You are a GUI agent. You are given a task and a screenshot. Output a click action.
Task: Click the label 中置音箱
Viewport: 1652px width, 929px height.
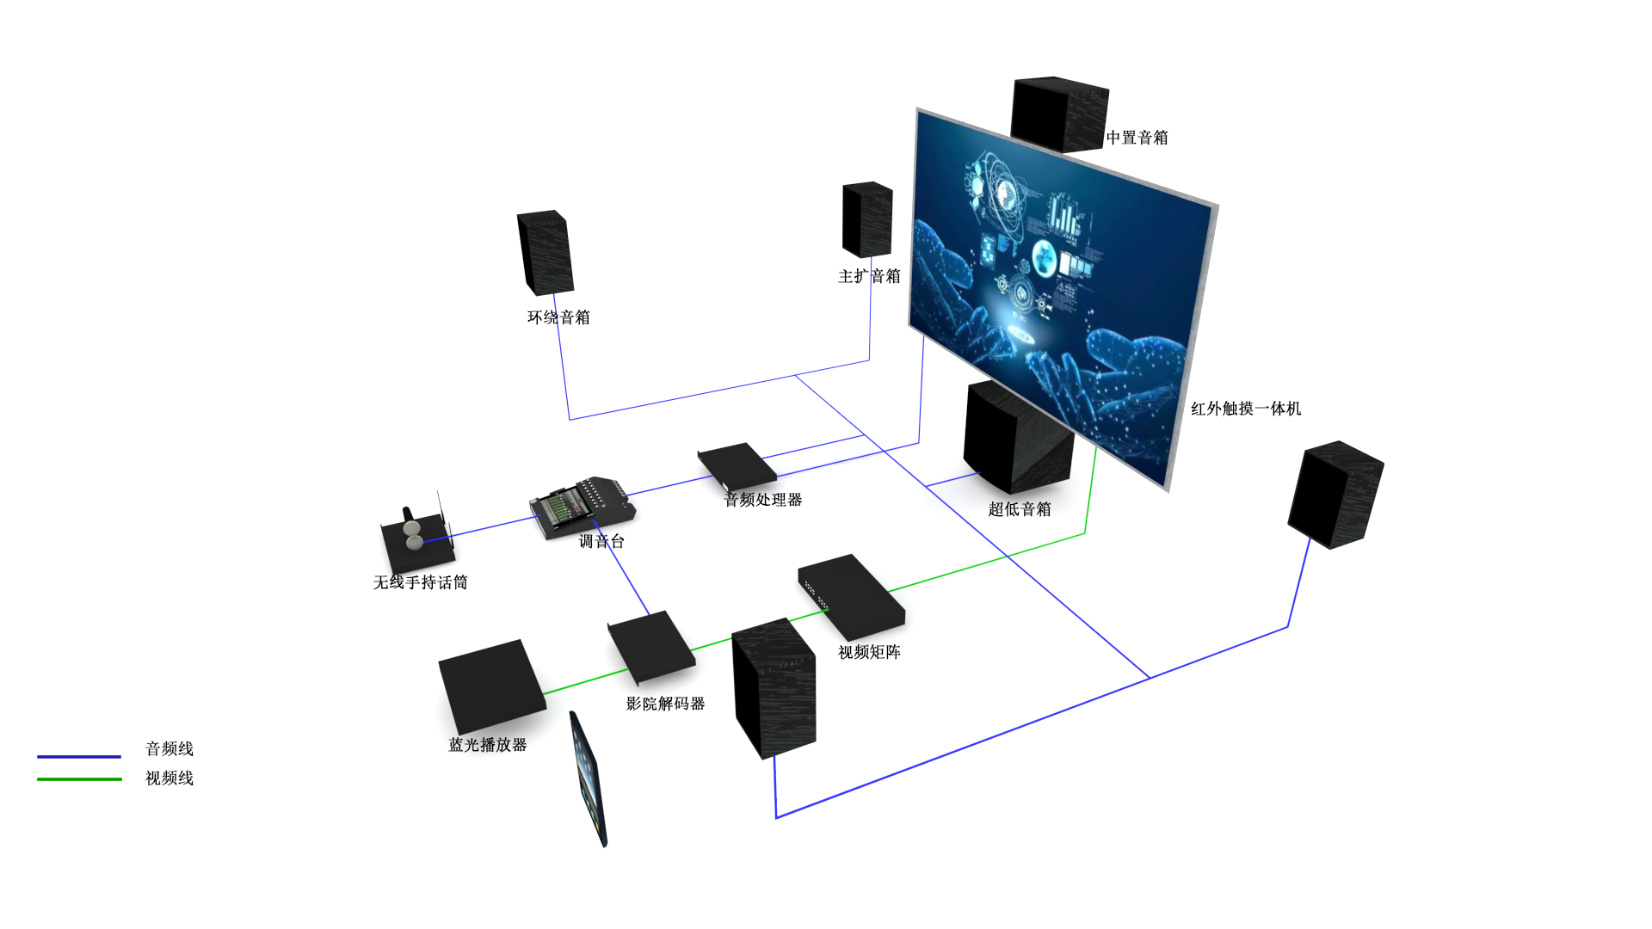[1137, 138]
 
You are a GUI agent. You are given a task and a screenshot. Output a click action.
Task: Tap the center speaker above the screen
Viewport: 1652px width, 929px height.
[1058, 114]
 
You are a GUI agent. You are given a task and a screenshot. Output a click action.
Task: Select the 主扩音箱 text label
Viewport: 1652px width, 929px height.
[869, 276]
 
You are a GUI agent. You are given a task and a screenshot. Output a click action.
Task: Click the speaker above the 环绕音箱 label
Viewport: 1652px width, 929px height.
[545, 252]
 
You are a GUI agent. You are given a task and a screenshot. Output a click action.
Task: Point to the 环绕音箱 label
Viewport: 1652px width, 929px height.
[558, 317]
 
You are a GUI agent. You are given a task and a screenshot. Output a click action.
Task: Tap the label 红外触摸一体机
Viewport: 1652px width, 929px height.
[1245, 409]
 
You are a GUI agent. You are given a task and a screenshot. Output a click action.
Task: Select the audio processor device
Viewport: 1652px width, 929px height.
[737, 464]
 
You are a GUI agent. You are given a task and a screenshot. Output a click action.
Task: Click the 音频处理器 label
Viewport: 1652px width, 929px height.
[763, 500]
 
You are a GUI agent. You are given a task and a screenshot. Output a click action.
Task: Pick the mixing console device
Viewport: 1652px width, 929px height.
[583, 508]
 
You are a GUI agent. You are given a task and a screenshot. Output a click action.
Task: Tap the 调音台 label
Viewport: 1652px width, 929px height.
[601, 541]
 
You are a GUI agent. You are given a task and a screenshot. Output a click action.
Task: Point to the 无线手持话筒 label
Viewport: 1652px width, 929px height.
[420, 582]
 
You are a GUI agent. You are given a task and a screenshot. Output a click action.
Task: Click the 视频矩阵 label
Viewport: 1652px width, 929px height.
[869, 652]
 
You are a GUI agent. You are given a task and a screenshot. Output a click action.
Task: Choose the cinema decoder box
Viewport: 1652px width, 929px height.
[651, 646]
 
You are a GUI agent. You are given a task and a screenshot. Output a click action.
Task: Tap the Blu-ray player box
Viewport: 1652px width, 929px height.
[491, 685]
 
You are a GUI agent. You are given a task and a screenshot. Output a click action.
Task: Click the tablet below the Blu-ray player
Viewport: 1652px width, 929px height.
[589, 779]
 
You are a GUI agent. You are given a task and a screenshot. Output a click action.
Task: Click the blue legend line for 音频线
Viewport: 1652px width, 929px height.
[79, 757]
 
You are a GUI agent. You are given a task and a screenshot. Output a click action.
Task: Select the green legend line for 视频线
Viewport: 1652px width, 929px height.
[79, 779]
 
